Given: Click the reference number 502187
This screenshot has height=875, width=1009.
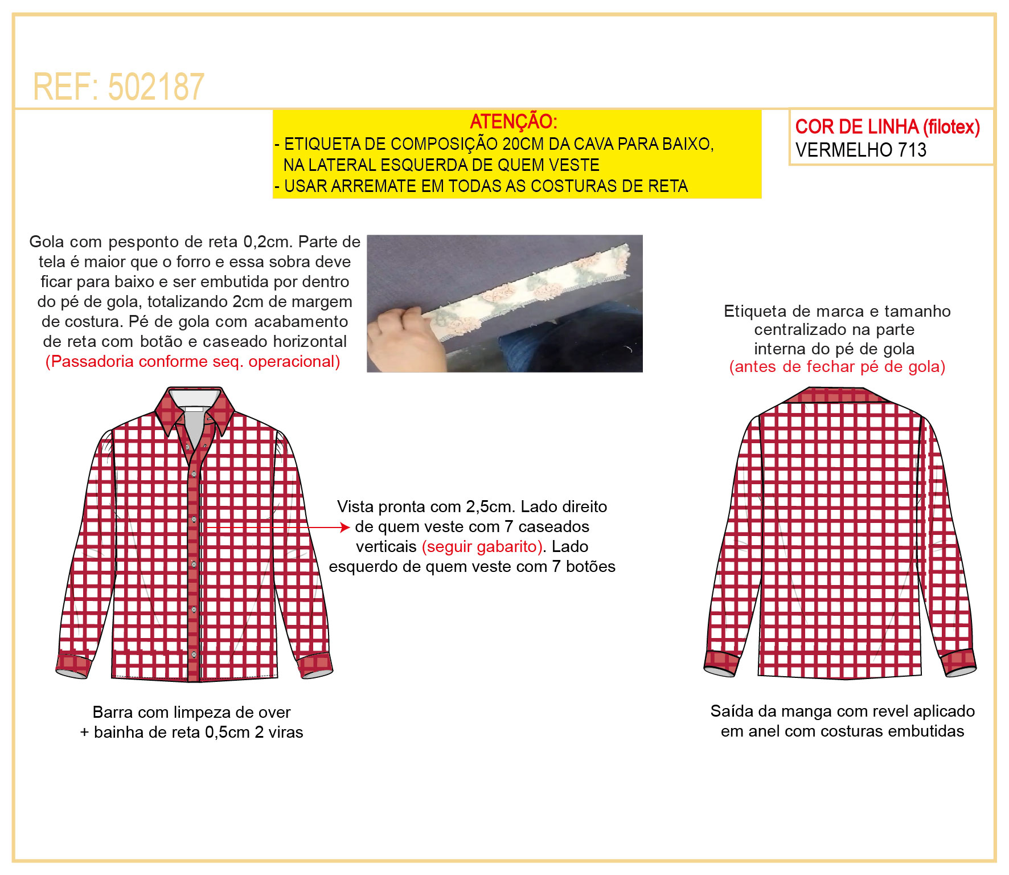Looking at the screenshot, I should pyautogui.click(x=155, y=87).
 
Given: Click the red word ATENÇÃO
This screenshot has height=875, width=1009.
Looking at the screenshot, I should pyautogui.click(x=513, y=121).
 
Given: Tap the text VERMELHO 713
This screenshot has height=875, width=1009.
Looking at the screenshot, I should pyautogui.click(x=860, y=150).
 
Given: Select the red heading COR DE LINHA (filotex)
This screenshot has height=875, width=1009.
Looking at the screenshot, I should pyautogui.click(x=887, y=126).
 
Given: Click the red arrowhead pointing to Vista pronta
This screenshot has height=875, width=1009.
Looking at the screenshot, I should pyautogui.click(x=344, y=528).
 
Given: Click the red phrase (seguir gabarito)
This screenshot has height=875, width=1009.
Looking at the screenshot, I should pyautogui.click(x=482, y=546).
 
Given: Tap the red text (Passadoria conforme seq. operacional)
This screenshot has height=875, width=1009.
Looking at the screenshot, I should pyautogui.click(x=192, y=361).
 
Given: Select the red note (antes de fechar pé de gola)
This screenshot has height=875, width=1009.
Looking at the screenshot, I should pyautogui.click(x=837, y=366).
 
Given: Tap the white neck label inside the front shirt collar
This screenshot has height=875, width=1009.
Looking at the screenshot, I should pyautogui.click(x=194, y=408).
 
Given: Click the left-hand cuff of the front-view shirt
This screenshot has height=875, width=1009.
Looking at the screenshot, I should pyautogui.click(x=73, y=664).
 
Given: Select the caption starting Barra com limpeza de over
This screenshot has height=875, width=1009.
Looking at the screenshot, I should pyautogui.click(x=191, y=722).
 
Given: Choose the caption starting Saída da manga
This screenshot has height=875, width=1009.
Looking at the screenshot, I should pyautogui.click(x=842, y=721).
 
